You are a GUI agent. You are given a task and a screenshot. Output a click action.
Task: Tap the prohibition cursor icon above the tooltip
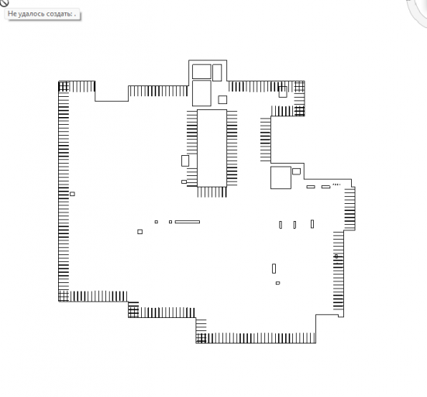click(4, 2)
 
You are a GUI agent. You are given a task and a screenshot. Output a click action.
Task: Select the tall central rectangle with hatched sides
click(212, 148)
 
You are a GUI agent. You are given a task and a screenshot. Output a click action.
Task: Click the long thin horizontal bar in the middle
click(188, 222)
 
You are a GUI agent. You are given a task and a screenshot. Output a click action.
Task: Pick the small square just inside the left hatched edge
click(72, 194)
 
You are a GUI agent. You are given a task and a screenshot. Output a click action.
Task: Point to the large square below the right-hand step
click(281, 178)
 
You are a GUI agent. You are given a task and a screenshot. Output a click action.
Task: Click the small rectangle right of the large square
click(296, 171)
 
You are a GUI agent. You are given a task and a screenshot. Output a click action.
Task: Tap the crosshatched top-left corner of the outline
click(64, 87)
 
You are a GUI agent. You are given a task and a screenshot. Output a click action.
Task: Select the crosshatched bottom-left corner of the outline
click(64, 296)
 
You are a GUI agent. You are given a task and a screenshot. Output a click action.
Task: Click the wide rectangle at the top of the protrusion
click(201, 71)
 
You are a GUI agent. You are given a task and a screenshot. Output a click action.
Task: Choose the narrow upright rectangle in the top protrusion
click(217, 73)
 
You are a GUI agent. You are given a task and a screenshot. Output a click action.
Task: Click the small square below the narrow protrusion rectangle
click(222, 100)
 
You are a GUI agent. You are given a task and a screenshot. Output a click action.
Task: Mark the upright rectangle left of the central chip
click(185, 161)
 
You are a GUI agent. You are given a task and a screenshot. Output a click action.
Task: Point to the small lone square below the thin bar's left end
click(140, 232)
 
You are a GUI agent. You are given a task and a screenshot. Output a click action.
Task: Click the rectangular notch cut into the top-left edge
click(112, 91)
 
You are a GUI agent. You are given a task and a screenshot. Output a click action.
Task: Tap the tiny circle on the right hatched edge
click(336, 256)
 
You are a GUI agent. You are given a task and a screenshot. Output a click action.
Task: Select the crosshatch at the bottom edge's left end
click(201, 338)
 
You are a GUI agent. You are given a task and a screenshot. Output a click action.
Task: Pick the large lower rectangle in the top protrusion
click(201, 93)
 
